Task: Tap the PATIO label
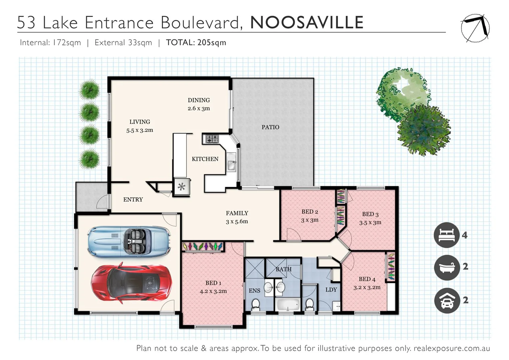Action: tap(270, 127)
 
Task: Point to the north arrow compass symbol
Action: tap(475, 28)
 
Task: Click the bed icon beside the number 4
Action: tap(447, 235)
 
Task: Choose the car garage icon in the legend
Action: tap(447, 300)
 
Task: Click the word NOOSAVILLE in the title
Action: tap(307, 23)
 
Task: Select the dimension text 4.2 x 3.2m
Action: tap(213, 291)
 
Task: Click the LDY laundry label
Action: tap(331, 290)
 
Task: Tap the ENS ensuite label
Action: tap(254, 291)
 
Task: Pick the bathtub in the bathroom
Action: tap(288, 304)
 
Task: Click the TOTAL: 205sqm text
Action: tap(196, 43)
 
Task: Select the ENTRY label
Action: tap(133, 199)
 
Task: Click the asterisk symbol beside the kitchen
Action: tap(181, 187)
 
